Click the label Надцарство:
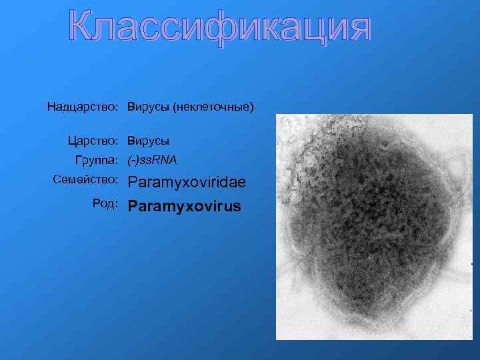(83, 107)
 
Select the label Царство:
(93, 141)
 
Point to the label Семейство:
(85, 180)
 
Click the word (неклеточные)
(213, 107)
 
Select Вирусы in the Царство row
(149, 141)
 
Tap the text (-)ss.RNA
(152, 160)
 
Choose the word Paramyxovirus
(185, 206)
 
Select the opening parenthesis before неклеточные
(175, 107)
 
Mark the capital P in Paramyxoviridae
(133, 182)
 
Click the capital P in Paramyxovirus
(133, 206)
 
